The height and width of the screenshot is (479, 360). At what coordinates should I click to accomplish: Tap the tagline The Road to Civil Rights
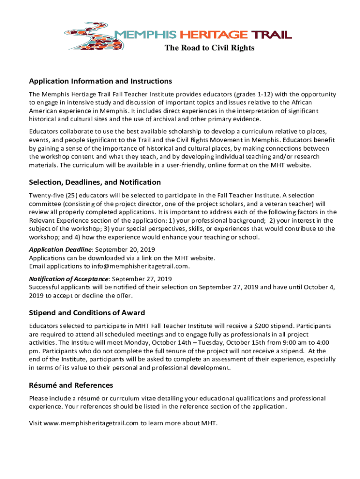[209, 48]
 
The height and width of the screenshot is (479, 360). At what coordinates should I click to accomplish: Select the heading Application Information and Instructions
[101, 81]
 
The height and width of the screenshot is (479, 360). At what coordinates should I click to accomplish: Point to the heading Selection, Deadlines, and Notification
[95, 182]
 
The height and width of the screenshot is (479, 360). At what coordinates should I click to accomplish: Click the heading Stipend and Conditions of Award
[87, 312]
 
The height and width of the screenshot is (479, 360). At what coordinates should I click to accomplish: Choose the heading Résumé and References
[71, 385]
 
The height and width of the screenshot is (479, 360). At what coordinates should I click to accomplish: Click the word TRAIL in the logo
[272, 35]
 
